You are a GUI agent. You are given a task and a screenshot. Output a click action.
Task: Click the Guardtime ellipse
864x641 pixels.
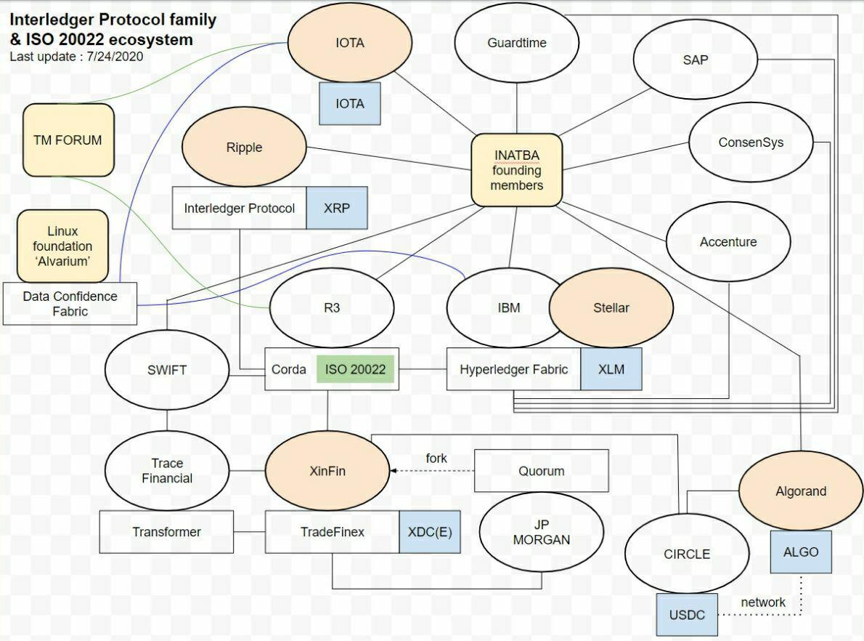click(x=516, y=42)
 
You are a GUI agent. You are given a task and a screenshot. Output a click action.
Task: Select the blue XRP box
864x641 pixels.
click(x=337, y=208)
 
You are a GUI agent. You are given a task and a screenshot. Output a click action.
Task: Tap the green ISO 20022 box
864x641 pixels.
click(x=356, y=369)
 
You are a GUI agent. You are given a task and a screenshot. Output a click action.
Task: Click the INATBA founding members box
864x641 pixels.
click(x=517, y=170)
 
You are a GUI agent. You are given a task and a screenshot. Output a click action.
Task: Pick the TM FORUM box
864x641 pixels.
click(x=68, y=140)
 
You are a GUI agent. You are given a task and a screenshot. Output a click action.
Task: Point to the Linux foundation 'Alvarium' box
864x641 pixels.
click(x=63, y=246)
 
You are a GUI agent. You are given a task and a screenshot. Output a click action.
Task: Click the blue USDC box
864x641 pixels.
click(x=687, y=615)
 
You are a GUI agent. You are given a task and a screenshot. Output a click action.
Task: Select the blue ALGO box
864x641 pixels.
click(x=801, y=552)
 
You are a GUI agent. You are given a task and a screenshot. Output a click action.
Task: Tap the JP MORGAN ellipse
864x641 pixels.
click(x=542, y=532)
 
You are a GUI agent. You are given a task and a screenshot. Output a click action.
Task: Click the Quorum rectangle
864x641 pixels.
click(x=542, y=470)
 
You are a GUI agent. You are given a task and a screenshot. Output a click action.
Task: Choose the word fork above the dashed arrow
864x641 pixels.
click(x=436, y=458)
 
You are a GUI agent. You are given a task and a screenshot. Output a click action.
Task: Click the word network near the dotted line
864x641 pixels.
click(x=763, y=602)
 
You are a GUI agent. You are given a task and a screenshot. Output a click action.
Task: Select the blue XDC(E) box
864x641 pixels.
click(x=430, y=532)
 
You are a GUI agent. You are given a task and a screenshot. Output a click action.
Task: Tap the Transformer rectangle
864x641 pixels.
click(x=166, y=532)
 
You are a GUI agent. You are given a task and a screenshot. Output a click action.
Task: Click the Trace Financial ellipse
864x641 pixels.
click(x=167, y=470)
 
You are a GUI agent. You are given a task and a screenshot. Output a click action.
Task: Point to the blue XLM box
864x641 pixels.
click(x=611, y=369)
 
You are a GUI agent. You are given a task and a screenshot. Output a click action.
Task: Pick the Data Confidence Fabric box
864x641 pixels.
click(x=70, y=303)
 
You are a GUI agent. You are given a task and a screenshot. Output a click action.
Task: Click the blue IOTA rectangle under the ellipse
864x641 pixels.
click(x=350, y=104)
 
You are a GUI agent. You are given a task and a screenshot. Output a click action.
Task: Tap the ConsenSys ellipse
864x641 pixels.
click(x=751, y=142)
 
